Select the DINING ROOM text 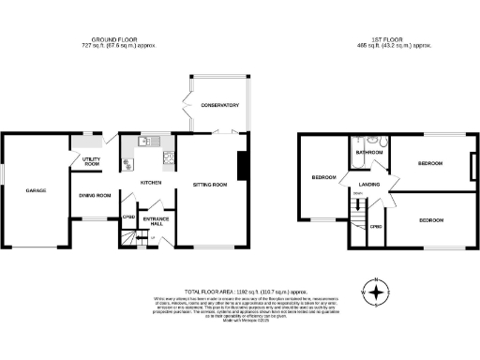pyautogui.click(x=95, y=195)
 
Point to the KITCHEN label pyautogui.click(x=151, y=182)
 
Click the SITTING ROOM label pyautogui.click(x=210, y=185)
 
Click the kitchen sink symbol pyautogui.click(x=145, y=142)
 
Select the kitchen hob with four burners pyautogui.click(x=169, y=156)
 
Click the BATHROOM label pyautogui.click(x=368, y=152)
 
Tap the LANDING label pyautogui.click(x=368, y=185)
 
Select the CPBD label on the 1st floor pyautogui.click(x=375, y=227)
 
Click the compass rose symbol pyautogui.click(x=376, y=292)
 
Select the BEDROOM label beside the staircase pyautogui.click(x=324, y=177)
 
